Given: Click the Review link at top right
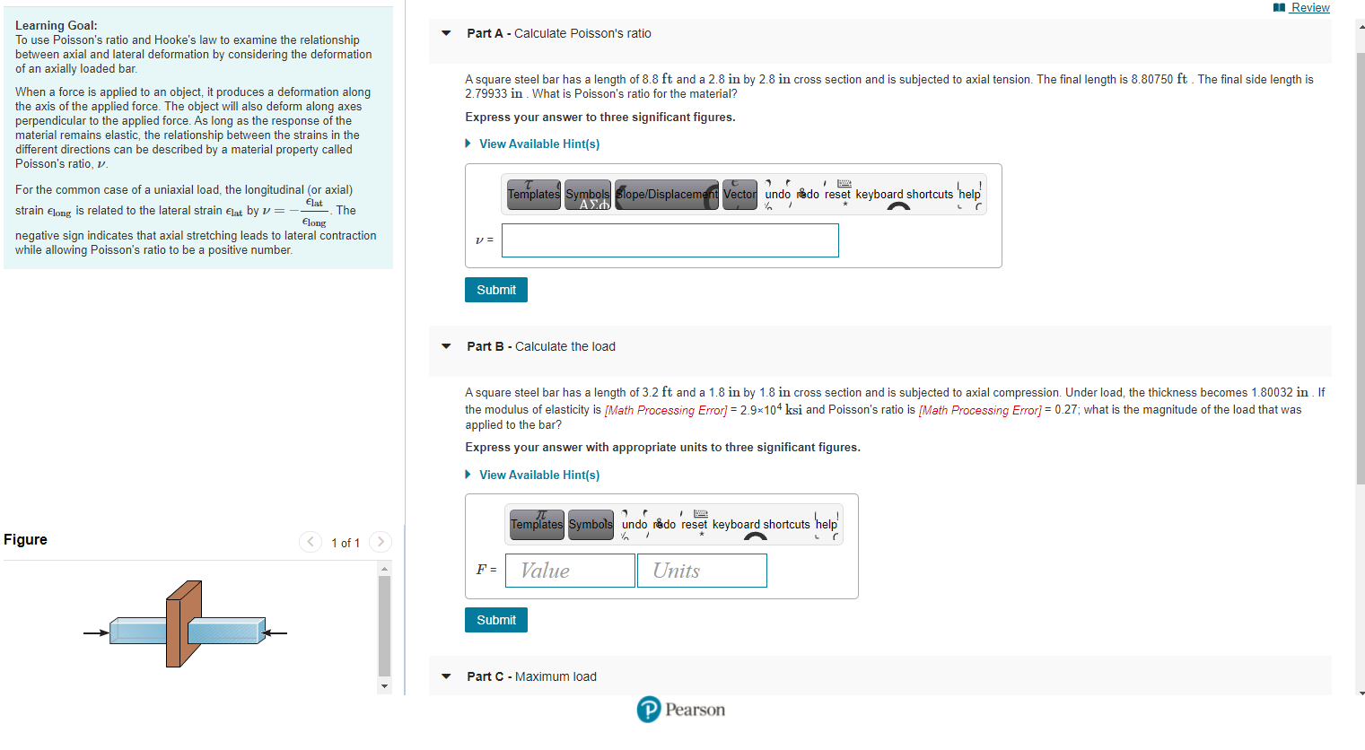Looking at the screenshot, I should click(x=1309, y=8).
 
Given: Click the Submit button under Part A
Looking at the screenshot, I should click(x=496, y=290).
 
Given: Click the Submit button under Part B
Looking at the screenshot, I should click(x=496, y=620).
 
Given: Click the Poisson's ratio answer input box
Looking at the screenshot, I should click(x=669, y=240).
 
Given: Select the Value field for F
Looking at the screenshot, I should click(x=570, y=571).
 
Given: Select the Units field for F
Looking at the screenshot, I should click(x=702, y=571).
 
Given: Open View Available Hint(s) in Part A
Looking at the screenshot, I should click(x=538, y=144).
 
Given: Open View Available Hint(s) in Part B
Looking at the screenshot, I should click(x=538, y=475).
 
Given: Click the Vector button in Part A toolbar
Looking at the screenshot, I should click(x=739, y=195).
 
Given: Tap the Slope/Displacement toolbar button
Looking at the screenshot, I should click(x=667, y=195).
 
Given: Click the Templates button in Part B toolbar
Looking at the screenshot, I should click(x=537, y=525).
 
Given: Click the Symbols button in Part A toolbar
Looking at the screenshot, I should click(x=588, y=195).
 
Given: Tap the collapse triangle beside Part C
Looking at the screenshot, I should click(x=446, y=676).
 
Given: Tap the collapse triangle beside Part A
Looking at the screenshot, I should click(x=446, y=33).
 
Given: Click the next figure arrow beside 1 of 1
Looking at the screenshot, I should click(x=381, y=542).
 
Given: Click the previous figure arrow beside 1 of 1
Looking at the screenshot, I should click(x=311, y=542).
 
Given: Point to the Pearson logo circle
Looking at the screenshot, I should click(x=649, y=710).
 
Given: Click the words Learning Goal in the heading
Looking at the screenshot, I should click(x=56, y=25).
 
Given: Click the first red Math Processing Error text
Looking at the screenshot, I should click(x=666, y=410).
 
